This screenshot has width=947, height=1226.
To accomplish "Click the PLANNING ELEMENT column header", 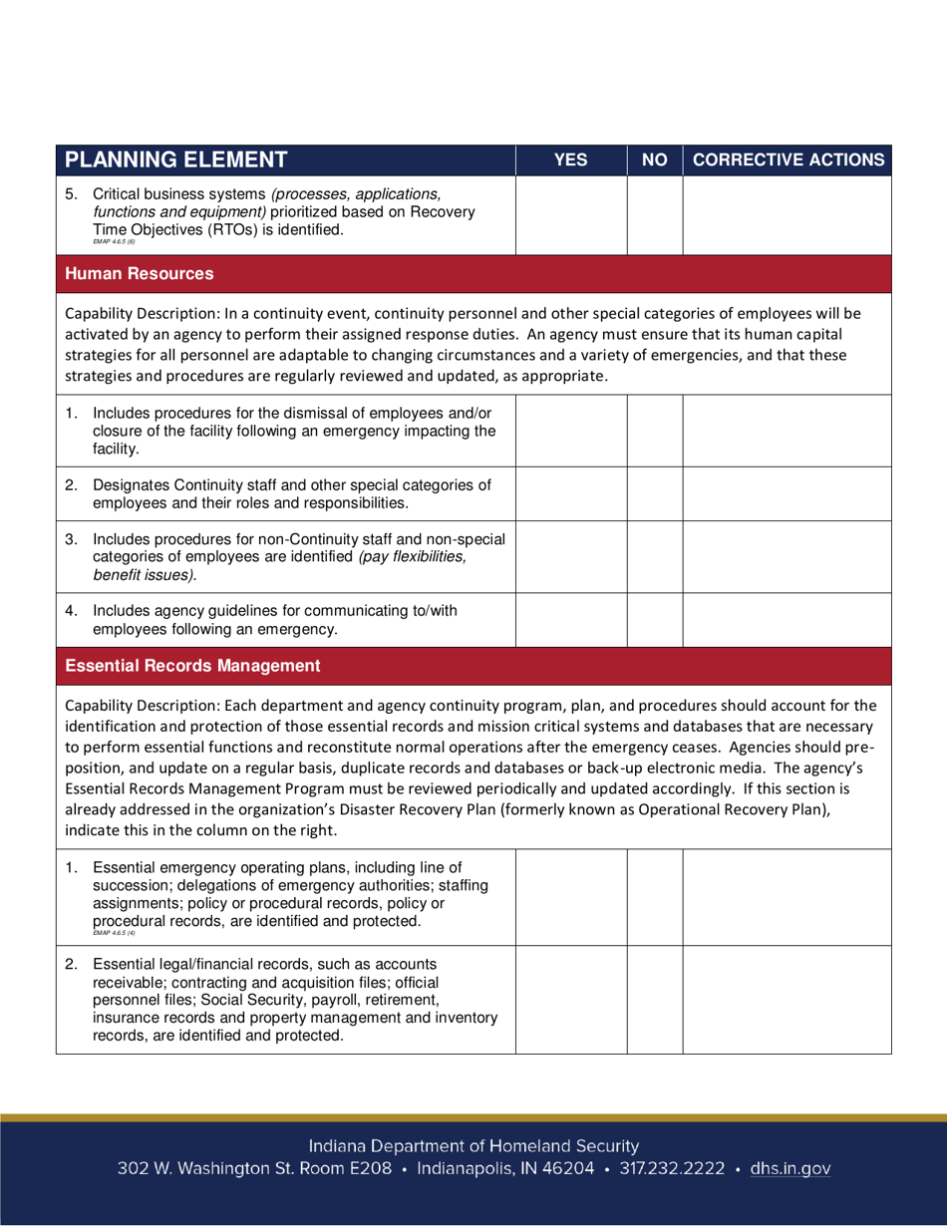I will (176, 159).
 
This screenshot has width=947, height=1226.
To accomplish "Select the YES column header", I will (570, 159).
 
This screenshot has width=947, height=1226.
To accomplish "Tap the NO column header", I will (654, 159).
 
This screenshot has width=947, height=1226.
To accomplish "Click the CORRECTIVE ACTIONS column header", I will (788, 159).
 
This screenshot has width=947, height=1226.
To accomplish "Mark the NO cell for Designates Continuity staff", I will (654, 493).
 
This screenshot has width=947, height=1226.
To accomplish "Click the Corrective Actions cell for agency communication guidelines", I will (788, 619).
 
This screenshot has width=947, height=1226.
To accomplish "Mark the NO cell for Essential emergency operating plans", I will (654, 896).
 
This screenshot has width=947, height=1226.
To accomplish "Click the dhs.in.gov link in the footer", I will (789, 1168).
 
